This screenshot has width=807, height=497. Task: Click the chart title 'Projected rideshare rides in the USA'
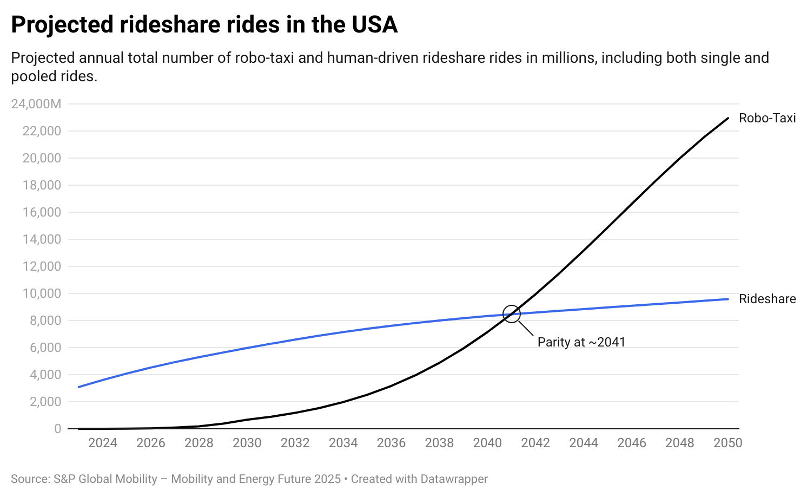coord(204,25)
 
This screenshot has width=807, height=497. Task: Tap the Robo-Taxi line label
coord(767,118)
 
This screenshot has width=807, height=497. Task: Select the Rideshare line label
coord(767,299)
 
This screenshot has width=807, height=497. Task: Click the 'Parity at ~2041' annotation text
coord(581,342)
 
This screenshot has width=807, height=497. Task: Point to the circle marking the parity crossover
coord(511,313)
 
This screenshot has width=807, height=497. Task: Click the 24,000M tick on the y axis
coord(36,104)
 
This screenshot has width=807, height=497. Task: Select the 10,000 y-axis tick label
coord(42,293)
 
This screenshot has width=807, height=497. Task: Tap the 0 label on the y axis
coord(57,429)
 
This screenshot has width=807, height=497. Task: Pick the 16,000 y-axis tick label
coord(42,212)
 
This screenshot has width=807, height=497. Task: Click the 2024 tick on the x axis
coord(103,443)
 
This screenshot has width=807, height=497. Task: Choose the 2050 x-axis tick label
coord(727,443)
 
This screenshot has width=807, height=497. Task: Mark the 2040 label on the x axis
coord(487,443)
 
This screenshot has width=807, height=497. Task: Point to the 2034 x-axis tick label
coord(343,443)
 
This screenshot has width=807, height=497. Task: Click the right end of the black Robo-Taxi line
coord(727,118)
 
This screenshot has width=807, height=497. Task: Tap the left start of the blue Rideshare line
coord(79,387)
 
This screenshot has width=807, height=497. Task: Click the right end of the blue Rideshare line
coord(727,299)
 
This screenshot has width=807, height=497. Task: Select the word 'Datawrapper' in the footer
coord(454,479)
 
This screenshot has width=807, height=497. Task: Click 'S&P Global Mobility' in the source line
coord(105,479)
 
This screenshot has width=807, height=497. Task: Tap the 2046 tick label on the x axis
coord(631,443)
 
